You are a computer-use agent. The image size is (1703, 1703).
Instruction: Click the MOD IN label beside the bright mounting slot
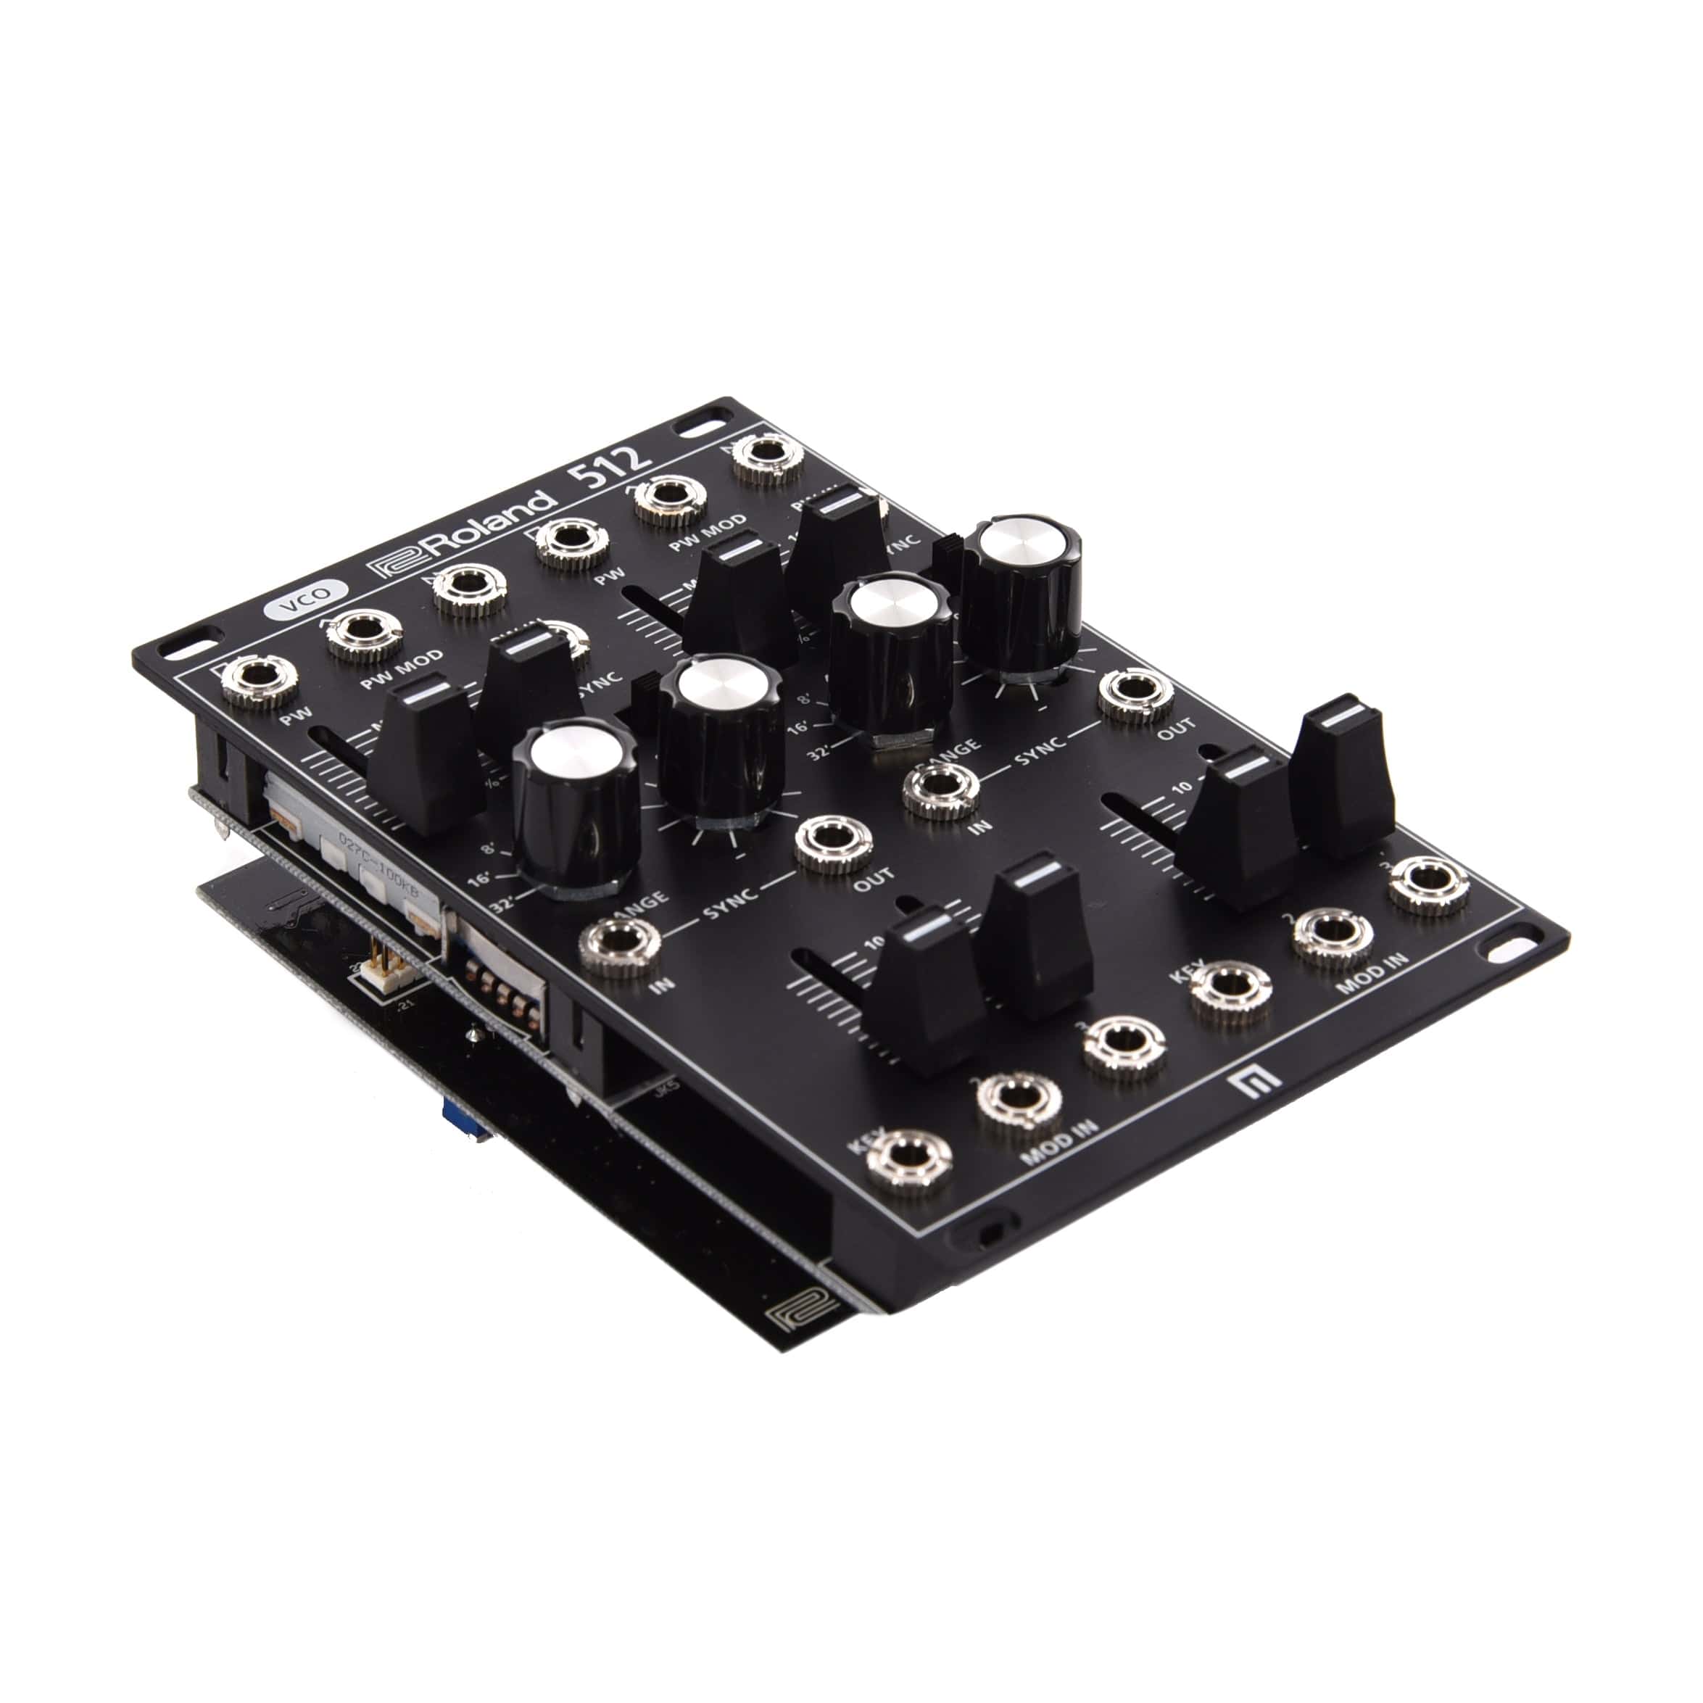1371,973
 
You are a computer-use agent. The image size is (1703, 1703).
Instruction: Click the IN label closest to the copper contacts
662,984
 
